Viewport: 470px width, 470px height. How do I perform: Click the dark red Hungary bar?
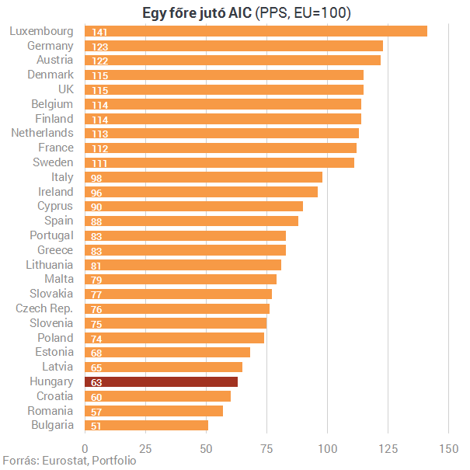[162, 382]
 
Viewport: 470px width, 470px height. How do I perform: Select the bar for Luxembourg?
[256, 31]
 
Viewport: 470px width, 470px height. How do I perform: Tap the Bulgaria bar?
[147, 426]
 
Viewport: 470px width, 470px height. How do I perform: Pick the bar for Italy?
[204, 177]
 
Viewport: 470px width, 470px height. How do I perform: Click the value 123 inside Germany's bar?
[99, 47]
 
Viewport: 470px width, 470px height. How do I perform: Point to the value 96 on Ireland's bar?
[96, 193]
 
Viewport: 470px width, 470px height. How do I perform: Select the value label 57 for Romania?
[96, 413]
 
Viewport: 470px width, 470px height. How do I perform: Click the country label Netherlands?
[42, 133]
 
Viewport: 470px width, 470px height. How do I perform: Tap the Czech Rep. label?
[44, 308]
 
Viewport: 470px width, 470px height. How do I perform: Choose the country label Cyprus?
[55, 206]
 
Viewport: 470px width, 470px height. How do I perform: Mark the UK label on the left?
[66, 89]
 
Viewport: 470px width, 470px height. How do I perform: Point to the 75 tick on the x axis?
[266, 449]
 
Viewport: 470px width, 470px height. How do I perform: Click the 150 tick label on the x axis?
[449, 449]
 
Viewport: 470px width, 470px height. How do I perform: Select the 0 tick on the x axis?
[85, 449]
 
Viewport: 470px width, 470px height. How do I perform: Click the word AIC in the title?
[240, 13]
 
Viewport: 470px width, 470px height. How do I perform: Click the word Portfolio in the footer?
[114, 461]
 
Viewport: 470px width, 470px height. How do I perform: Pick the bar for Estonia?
[168, 353]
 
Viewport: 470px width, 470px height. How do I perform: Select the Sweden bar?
[219, 163]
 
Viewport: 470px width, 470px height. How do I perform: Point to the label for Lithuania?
[50, 265]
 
